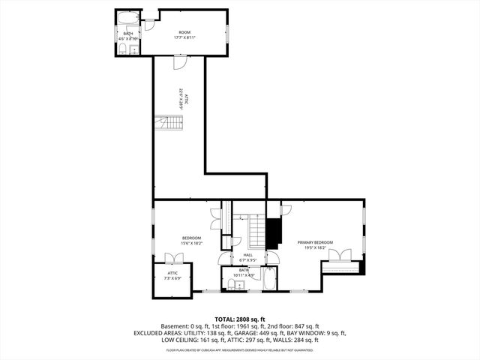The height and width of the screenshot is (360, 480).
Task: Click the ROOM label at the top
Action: pos(183,32)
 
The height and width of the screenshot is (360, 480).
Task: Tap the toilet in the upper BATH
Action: pos(122,49)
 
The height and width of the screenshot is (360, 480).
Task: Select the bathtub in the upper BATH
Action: pos(128,18)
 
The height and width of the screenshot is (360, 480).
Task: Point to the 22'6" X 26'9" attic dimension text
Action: pos(181,100)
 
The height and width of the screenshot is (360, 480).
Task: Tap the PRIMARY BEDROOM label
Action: pos(314,243)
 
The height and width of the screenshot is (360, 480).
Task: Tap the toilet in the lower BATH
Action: pos(231,284)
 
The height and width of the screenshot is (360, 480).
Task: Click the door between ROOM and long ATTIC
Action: pos(178,63)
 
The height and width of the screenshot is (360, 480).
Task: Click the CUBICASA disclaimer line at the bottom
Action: pos(240,349)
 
